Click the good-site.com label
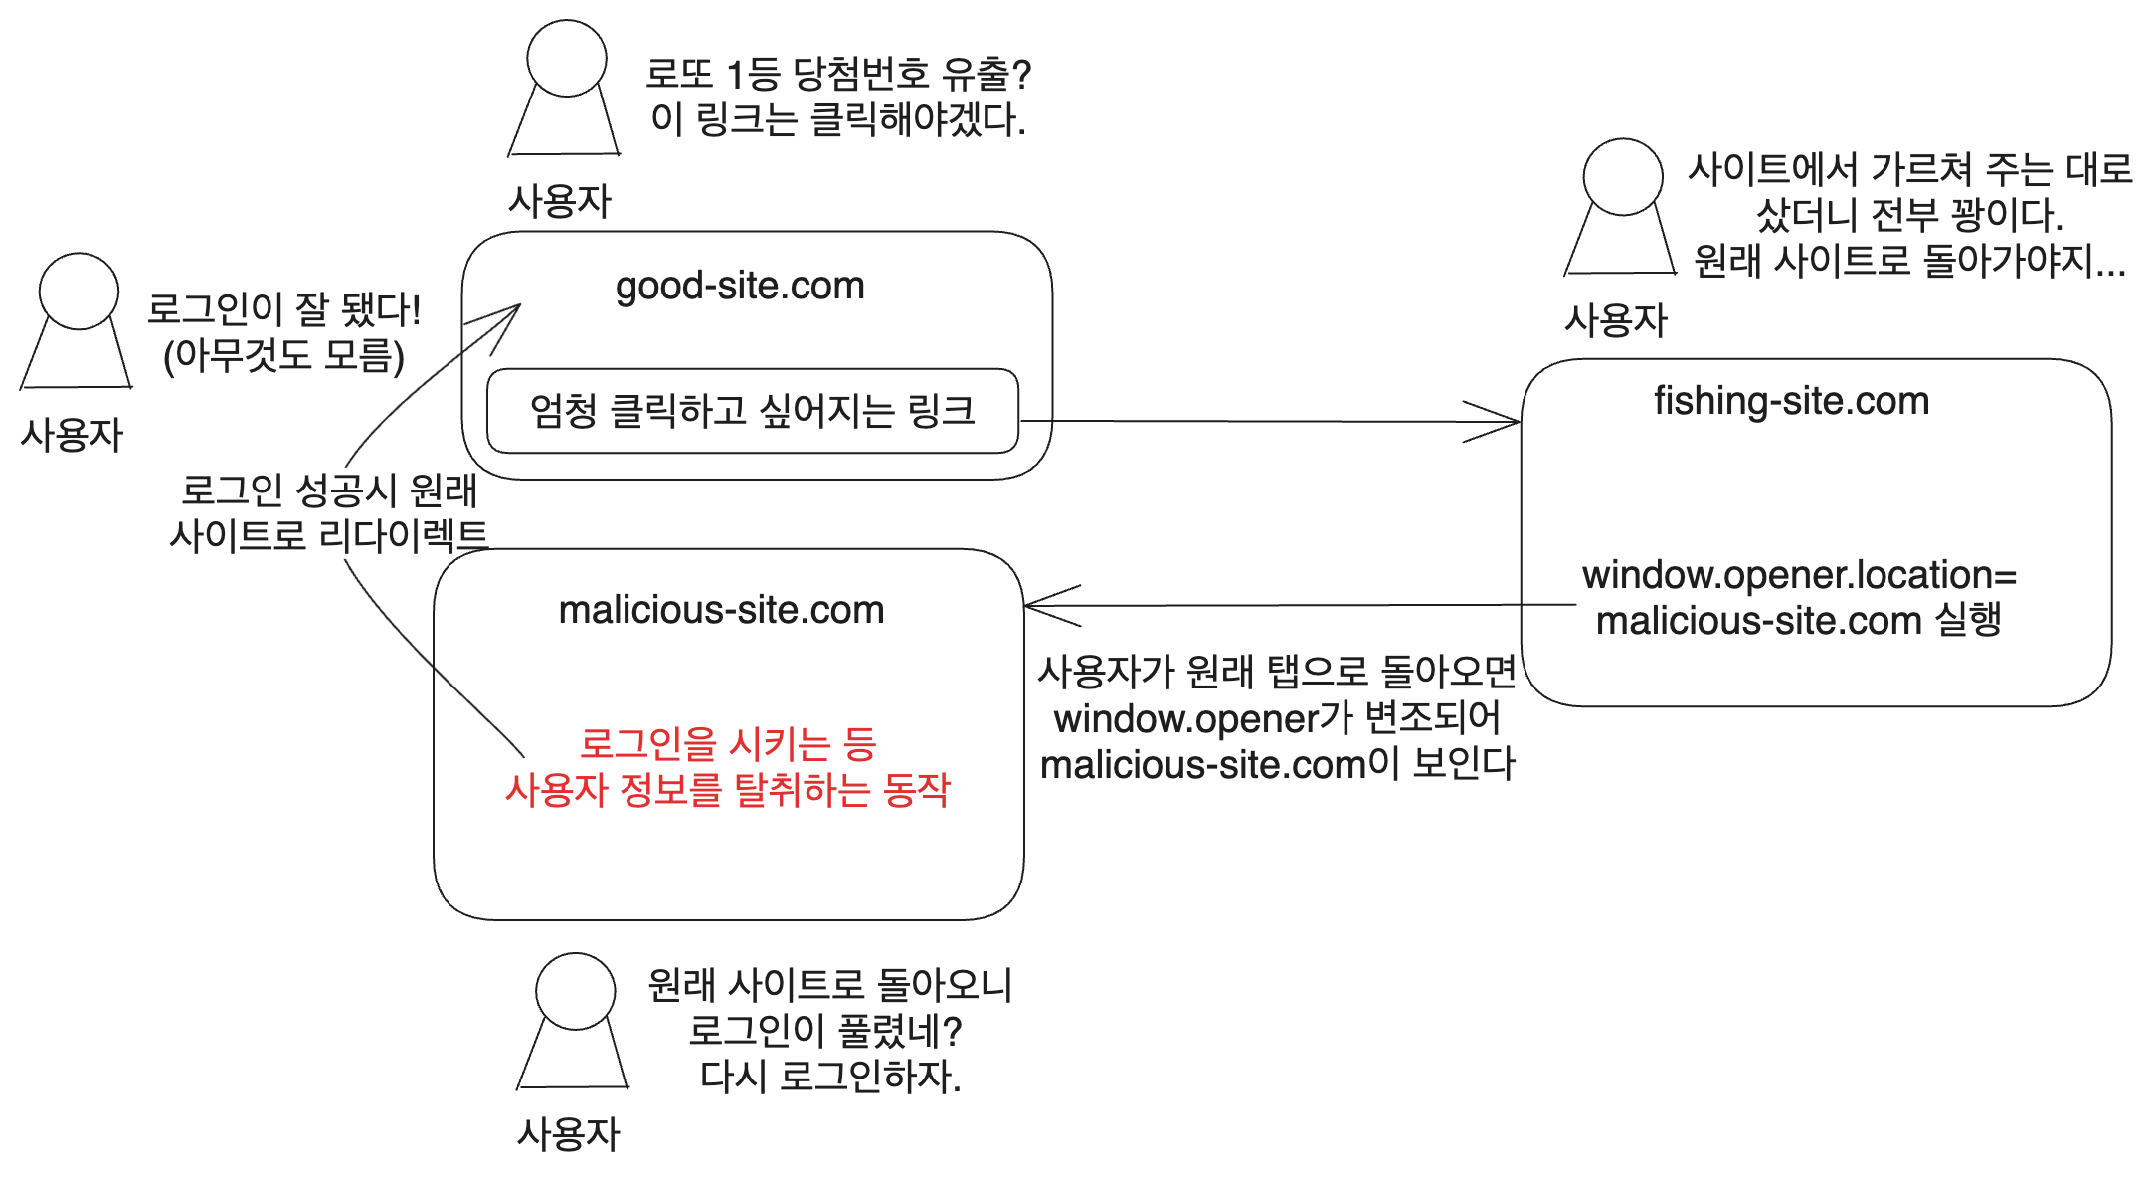coord(740,287)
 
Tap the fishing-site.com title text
coord(1791,401)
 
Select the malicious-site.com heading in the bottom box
coord(721,610)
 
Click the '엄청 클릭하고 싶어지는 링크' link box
coord(752,411)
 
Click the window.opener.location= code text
coord(1799,575)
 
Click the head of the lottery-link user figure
coord(567,58)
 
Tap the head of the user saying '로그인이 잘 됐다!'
coord(79,291)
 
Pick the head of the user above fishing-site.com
coord(1622,177)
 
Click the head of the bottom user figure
coord(575,991)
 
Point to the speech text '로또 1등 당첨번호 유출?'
coord(838,74)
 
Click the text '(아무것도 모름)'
coord(283,356)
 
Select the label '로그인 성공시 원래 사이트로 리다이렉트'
coord(328,513)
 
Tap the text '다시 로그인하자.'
coord(830,1076)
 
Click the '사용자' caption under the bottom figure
coord(568,1133)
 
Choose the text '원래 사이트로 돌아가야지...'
coord(1909,261)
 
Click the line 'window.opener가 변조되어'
coord(1277,717)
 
